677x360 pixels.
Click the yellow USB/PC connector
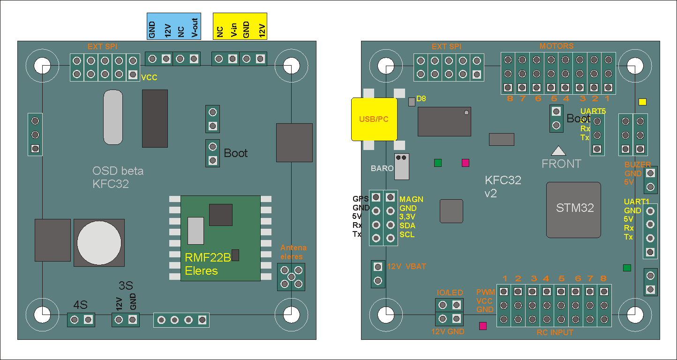coord(374,119)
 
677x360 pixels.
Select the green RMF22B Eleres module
coord(220,238)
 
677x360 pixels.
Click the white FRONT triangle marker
coord(558,150)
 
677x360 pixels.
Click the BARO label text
coord(382,168)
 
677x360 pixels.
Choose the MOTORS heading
coord(556,46)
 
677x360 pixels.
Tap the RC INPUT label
coord(555,333)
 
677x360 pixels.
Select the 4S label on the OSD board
coord(81,305)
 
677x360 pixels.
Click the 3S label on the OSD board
coord(126,285)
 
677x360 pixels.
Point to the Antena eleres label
coord(293,252)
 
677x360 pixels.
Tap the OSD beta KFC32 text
coord(118,178)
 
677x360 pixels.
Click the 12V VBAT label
coord(406,266)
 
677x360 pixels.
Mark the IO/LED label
coord(450,292)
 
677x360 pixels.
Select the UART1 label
coord(636,202)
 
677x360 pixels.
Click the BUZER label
coord(637,165)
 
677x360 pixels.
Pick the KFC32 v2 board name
coord(503,187)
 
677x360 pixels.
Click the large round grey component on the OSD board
coord(99,242)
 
